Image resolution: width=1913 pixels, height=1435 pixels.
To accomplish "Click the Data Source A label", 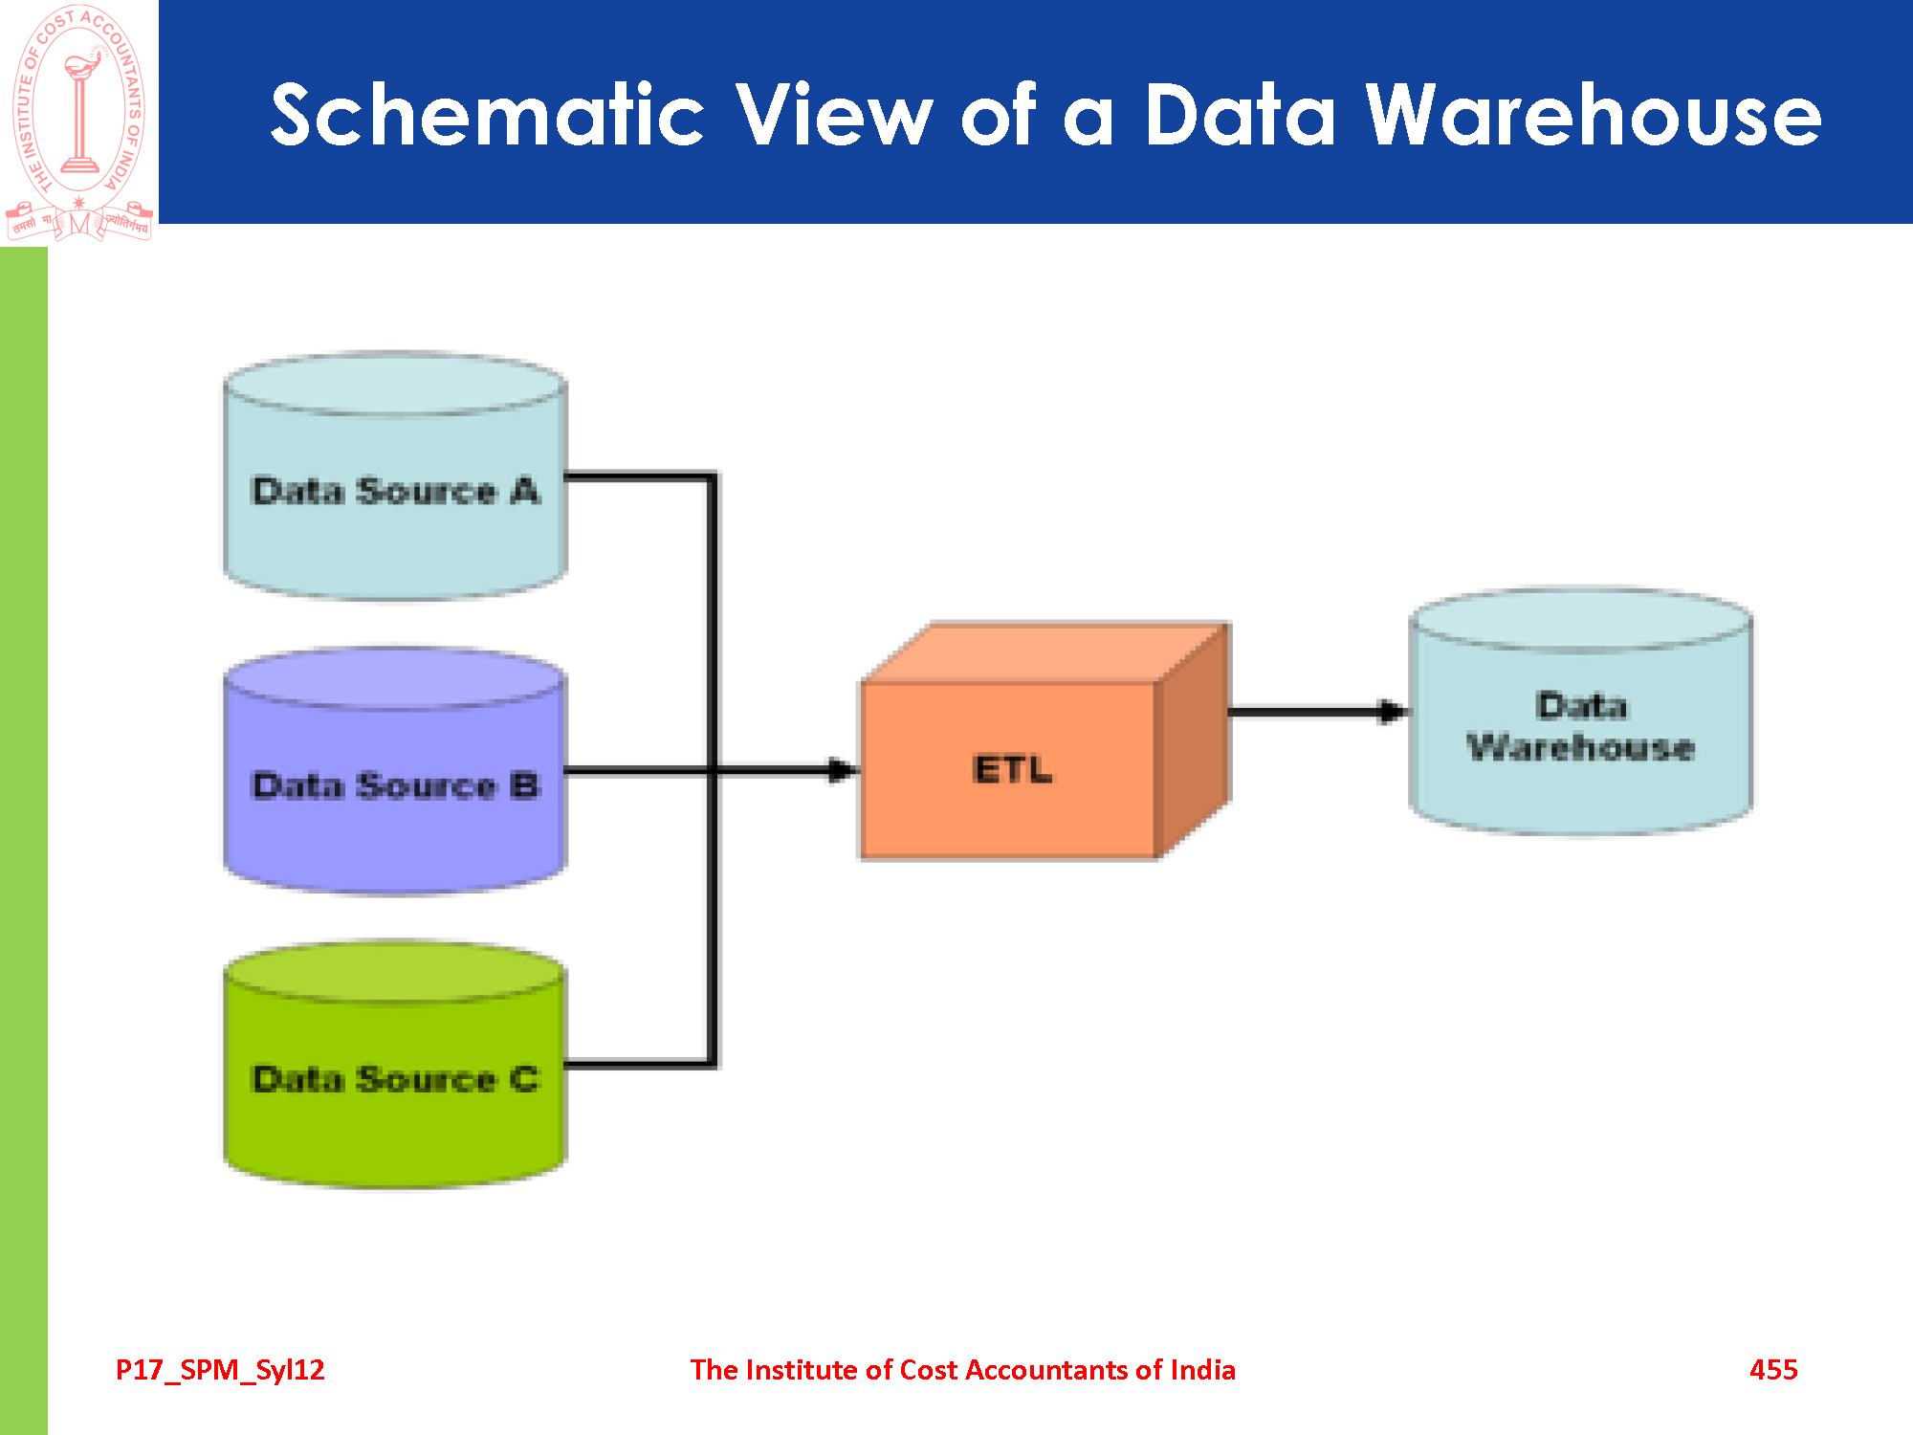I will pos(395,491).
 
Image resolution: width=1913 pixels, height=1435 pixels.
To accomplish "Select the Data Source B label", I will pos(395,785).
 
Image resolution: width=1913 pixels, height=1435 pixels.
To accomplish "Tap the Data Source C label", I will pos(395,1079).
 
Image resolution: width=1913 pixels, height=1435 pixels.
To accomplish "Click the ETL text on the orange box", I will pos(1012,769).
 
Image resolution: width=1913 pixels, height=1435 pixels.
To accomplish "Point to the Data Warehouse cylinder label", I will pos(1581,727).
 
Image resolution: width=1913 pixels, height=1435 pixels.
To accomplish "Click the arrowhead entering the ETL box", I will pos(842,770).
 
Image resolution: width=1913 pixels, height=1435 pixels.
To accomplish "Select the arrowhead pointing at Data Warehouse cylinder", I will pos(1393,711).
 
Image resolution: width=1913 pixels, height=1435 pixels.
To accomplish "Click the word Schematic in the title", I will pos(487,115).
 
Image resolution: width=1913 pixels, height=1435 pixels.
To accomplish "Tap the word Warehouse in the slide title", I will pos(1593,115).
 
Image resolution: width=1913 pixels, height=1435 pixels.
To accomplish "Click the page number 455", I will pos(1773,1370).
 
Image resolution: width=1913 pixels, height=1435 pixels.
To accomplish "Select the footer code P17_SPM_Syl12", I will pos(220,1370).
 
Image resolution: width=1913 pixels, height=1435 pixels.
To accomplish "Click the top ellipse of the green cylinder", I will pos(394,972).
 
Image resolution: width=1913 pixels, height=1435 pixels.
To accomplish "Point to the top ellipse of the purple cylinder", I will pos(394,678).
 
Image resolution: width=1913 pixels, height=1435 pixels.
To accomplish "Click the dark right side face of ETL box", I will pos(1192,741).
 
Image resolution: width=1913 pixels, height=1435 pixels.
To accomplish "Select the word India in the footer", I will pos(1202,1370).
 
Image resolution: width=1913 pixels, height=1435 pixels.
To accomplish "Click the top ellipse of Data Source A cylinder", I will pos(394,384).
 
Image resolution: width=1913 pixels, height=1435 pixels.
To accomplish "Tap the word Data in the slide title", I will pos(1240,115).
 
